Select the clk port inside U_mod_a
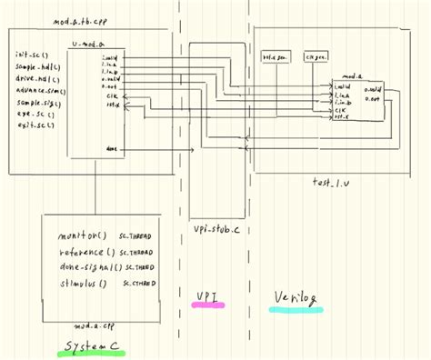tap(110, 95)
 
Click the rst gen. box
tap(275, 56)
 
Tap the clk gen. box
tap(314, 56)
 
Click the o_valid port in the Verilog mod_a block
tap(373, 89)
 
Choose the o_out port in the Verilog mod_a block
tap(371, 98)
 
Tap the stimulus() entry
tap(77, 284)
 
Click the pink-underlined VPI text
tap(208, 296)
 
